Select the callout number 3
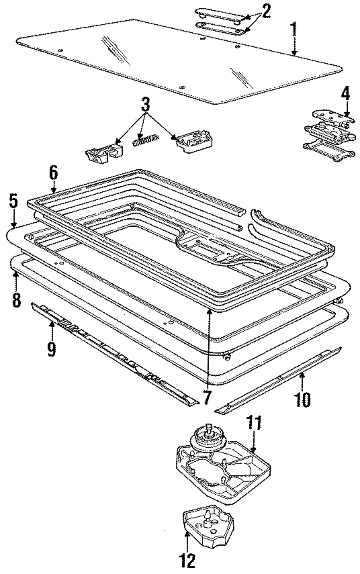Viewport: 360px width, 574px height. coord(145,105)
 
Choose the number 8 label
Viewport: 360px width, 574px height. coord(16,299)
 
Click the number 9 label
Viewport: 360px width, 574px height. coord(51,349)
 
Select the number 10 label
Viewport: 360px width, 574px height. coord(302,398)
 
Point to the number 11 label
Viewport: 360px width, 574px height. coord(254,424)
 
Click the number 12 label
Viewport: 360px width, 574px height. coord(188,560)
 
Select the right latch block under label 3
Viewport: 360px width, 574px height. coord(194,141)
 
